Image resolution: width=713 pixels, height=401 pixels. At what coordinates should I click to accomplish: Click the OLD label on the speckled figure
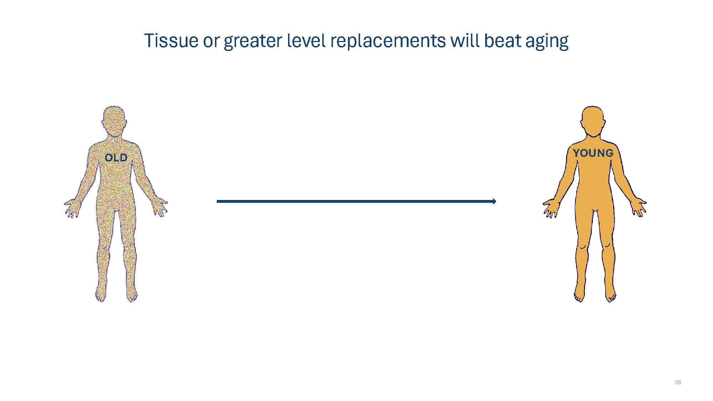[116, 158]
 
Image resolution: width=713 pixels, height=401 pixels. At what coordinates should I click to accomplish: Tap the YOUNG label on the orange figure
[593, 153]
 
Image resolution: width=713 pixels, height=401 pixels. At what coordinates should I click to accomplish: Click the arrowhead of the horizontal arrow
[494, 201]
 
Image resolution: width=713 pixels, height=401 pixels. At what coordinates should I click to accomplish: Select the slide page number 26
[678, 382]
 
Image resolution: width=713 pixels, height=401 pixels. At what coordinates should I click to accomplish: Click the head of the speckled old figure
[114, 121]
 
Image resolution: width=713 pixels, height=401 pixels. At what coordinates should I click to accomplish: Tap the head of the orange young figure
[593, 121]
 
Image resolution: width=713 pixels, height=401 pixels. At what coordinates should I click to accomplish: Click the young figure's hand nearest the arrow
[551, 208]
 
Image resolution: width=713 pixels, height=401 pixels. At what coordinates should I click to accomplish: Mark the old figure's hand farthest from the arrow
[72, 209]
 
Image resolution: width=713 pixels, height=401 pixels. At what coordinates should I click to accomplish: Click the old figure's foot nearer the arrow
[132, 294]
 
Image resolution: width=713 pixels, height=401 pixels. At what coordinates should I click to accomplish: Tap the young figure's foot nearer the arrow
[580, 294]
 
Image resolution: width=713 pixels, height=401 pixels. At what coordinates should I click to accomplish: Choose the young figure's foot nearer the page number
[610, 294]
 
